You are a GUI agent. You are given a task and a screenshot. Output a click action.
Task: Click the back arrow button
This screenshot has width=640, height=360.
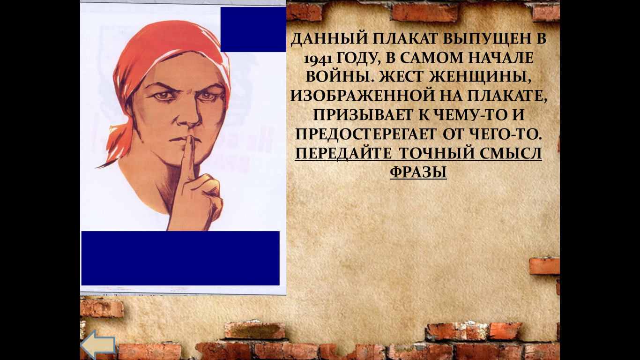coord(98,345)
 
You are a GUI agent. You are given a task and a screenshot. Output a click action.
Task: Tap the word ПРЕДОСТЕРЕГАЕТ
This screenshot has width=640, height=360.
coord(366,134)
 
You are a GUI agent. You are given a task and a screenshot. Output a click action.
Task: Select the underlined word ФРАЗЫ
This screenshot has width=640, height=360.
coord(418,172)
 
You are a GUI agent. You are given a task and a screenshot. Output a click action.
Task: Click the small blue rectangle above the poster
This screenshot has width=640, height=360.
coord(253,29)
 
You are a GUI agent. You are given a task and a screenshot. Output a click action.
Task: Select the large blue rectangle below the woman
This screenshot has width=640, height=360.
coord(180,258)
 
